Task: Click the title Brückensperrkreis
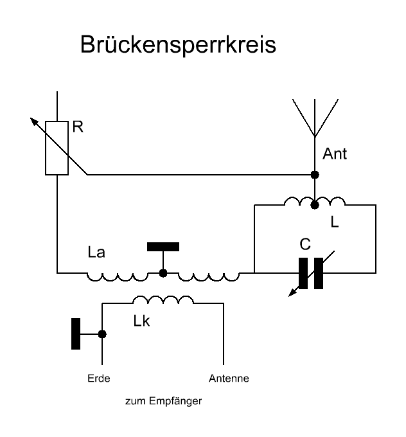(178, 46)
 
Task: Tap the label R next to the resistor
(78, 127)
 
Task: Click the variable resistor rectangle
(57, 148)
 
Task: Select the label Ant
(334, 154)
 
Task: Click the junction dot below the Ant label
(315, 175)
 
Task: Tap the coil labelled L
(315, 202)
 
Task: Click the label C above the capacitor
(306, 245)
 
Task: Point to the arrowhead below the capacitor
(293, 292)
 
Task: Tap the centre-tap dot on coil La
(163, 273)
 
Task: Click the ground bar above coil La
(163, 246)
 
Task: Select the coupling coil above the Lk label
(163, 299)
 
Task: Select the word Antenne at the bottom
(229, 379)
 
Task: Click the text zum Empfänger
(163, 402)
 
